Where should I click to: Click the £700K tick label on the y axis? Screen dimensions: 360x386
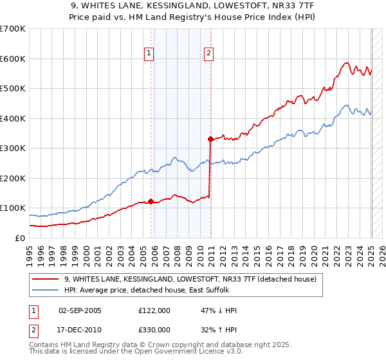(x=13, y=29)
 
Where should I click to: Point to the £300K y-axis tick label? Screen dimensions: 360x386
(x=13, y=148)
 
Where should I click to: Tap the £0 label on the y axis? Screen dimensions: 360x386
(x=21, y=238)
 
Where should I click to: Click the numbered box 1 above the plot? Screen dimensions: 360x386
(x=149, y=53)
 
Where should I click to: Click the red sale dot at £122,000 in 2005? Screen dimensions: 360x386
(x=151, y=201)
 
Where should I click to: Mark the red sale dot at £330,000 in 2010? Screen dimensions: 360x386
(x=210, y=139)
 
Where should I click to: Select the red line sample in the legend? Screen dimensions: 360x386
(x=45, y=280)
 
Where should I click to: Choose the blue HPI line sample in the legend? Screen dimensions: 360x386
(x=45, y=291)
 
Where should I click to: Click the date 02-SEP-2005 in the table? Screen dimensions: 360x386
(x=80, y=310)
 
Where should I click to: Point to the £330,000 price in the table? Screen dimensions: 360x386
(x=154, y=329)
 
